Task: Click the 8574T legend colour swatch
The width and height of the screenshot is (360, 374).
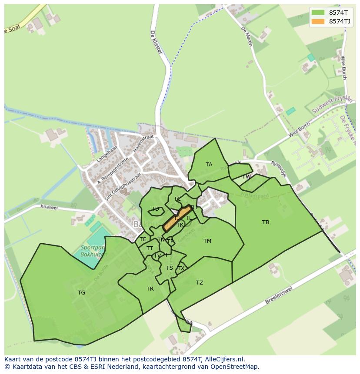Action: (318, 13)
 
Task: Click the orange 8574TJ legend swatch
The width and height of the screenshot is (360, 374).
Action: (318, 21)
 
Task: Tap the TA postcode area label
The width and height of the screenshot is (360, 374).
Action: (209, 165)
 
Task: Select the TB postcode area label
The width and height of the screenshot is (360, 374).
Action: (266, 222)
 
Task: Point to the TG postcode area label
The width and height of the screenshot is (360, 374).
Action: (81, 293)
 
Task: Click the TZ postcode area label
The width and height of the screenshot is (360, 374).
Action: (200, 283)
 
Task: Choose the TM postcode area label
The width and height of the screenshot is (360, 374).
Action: (207, 241)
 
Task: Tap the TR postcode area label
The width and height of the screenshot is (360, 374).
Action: (150, 289)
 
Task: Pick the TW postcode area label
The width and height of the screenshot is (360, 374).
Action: (247, 177)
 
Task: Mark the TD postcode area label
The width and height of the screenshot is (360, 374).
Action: (155, 209)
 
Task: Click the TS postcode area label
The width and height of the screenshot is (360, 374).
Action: (170, 268)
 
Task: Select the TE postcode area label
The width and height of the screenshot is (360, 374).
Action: (143, 239)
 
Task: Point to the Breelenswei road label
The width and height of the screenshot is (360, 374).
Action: (283, 296)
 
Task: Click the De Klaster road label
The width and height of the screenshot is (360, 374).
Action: (156, 42)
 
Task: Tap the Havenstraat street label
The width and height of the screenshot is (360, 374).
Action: (143, 143)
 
